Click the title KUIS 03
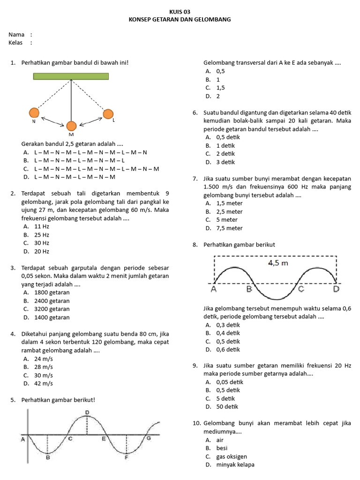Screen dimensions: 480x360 click(x=180, y=12)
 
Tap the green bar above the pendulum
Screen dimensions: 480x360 click(x=71, y=76)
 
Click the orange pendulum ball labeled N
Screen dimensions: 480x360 click(x=34, y=112)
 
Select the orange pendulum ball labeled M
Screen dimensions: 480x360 click(x=71, y=126)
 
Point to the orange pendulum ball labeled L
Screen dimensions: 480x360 click(x=108, y=114)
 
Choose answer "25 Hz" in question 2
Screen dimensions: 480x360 click(x=42, y=235)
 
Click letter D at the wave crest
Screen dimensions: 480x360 click(x=87, y=412)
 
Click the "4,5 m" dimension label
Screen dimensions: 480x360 click(x=277, y=263)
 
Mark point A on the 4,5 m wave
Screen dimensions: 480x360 click(x=214, y=289)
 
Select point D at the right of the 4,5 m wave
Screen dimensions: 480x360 click(x=336, y=289)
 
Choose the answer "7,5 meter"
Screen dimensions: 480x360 click(x=229, y=228)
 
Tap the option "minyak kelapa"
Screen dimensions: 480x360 click(x=235, y=465)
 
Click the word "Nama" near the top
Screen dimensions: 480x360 click(x=16, y=35)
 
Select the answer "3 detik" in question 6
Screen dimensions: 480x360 click(x=225, y=162)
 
